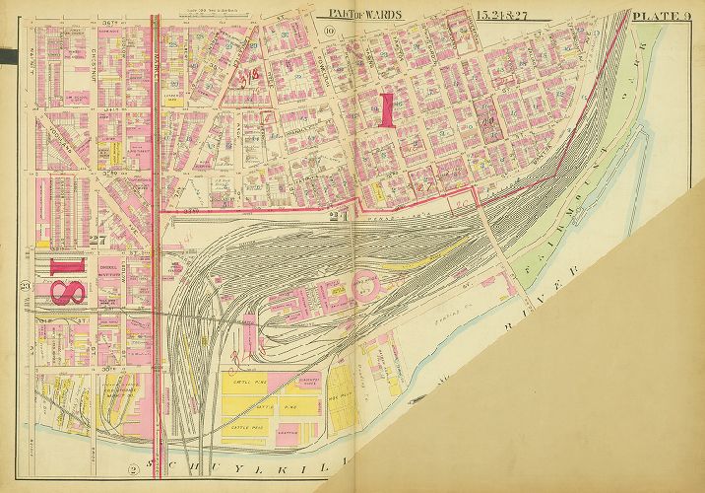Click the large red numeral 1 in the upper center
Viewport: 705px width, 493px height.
pos(386,108)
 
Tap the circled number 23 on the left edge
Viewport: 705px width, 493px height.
pos(26,287)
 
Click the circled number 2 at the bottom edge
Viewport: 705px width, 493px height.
pos(134,468)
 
